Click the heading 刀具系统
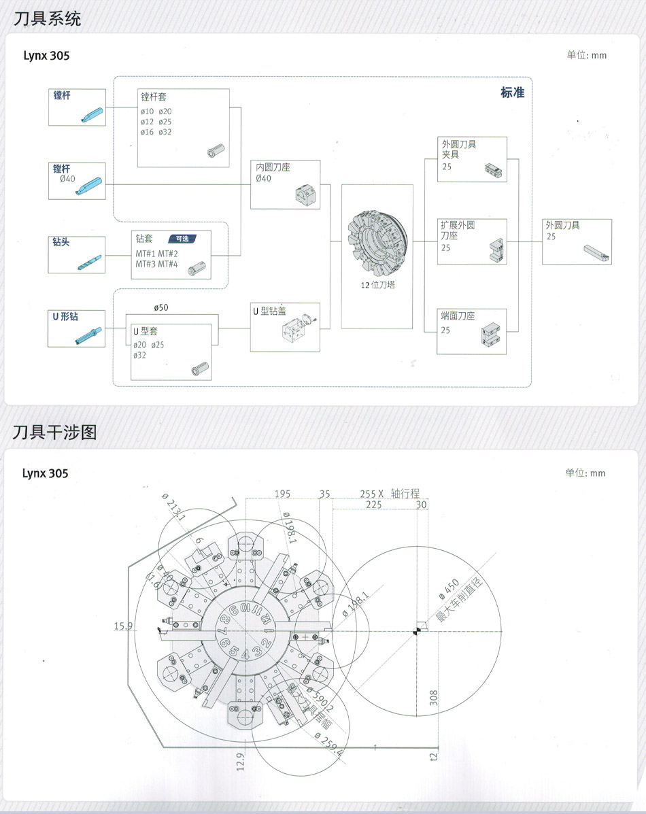(47, 18)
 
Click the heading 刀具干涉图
(55, 432)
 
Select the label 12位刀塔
(377, 285)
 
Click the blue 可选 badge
(182, 239)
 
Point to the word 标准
(512, 92)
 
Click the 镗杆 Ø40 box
(77, 181)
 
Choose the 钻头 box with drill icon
(77, 254)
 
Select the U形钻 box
(77, 328)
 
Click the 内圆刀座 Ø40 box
(285, 184)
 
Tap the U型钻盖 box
(285, 327)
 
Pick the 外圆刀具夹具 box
(472, 159)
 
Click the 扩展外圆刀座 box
(472, 241)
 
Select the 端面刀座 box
(472, 331)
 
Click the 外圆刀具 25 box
(577, 241)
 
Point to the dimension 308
(435, 698)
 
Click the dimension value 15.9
(122, 626)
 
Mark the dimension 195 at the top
(283, 494)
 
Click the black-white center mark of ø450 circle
(418, 632)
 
